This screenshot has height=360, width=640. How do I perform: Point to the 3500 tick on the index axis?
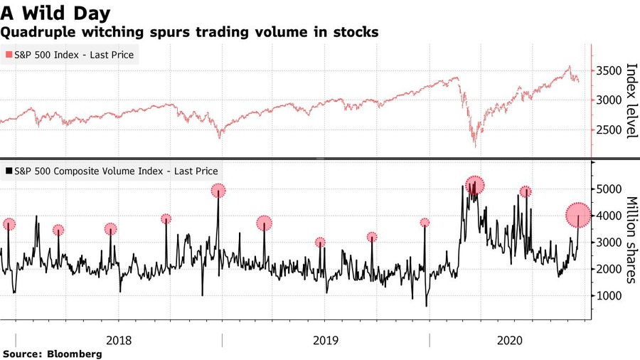pos(612,71)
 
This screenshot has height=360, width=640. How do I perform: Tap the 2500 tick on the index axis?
pos(612,130)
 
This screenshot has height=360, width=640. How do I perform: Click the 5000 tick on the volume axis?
pos(612,189)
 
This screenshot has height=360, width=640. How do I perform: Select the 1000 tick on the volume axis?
pos(612,296)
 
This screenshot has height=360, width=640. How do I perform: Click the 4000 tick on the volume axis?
pos(612,216)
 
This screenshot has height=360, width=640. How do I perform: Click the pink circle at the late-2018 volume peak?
pos(218,190)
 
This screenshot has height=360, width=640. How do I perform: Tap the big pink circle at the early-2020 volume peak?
pos(475,185)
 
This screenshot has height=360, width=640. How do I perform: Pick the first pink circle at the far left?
pos(9,224)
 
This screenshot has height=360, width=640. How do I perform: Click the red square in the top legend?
pos(9,55)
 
